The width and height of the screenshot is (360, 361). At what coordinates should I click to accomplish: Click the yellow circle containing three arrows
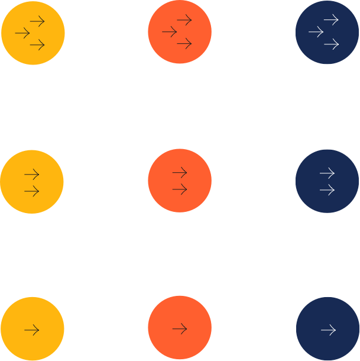(x=33, y=33)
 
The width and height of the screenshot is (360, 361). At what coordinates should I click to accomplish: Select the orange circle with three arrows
(x=179, y=33)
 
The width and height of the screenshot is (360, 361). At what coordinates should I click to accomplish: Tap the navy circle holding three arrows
(x=327, y=33)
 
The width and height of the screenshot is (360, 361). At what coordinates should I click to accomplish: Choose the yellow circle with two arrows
(x=32, y=182)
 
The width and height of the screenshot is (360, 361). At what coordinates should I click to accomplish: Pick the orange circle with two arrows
(x=179, y=181)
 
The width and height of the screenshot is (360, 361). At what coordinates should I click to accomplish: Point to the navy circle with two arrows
(x=327, y=181)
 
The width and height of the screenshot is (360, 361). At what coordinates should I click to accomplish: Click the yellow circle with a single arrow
(x=32, y=329)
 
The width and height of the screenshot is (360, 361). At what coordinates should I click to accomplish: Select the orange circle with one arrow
(x=179, y=328)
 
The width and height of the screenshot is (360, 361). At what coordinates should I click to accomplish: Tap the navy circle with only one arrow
(x=327, y=329)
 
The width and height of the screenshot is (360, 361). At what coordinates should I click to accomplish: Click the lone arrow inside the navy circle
(x=327, y=330)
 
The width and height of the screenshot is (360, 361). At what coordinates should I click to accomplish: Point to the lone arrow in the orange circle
(x=179, y=328)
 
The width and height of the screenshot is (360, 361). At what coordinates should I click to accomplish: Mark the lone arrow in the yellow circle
(x=31, y=330)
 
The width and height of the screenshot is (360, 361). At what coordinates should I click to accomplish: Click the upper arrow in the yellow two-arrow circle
(x=31, y=175)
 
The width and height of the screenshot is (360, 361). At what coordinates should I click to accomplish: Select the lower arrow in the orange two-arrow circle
(x=179, y=189)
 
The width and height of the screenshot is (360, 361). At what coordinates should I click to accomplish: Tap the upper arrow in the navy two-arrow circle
(x=327, y=173)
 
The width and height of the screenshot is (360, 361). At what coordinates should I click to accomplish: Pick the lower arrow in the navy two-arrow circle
(x=327, y=190)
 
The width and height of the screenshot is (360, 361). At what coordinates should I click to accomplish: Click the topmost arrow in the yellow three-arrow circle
(x=37, y=22)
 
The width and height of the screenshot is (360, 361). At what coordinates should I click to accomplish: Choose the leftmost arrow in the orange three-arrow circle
(x=169, y=32)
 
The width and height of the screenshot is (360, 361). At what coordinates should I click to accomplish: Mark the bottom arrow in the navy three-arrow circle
(x=331, y=44)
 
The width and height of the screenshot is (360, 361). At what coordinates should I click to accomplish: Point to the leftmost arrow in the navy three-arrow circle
(x=316, y=33)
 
